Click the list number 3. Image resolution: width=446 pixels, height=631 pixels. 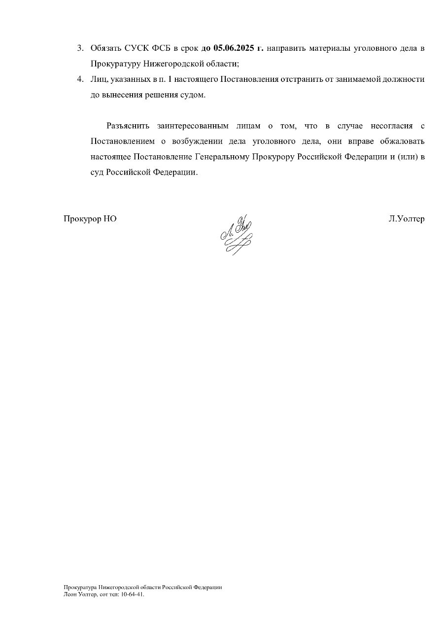80,48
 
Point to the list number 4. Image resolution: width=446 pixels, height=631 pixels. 80,79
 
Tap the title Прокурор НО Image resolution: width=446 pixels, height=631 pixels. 90,219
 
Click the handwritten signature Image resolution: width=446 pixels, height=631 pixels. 236,235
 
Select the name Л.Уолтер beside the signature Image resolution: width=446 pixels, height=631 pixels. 406,219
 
